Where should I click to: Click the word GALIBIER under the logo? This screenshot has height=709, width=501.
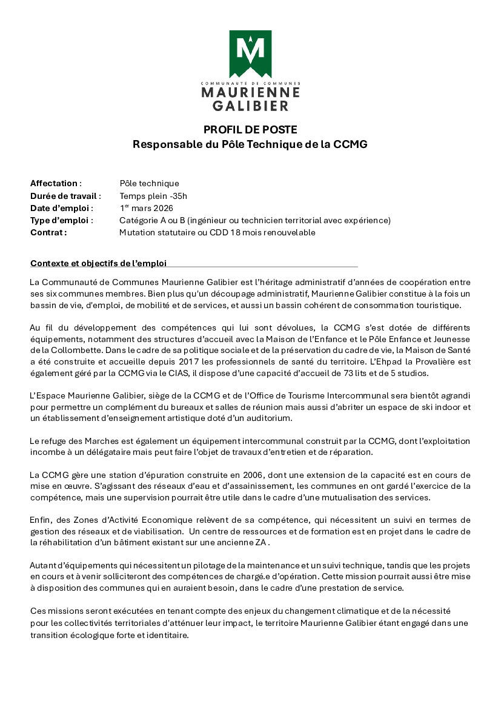tap(250, 106)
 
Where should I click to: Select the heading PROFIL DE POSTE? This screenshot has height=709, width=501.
tap(250, 129)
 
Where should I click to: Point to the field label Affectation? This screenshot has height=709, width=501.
tap(54, 183)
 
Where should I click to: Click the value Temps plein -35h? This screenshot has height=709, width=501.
tap(153, 196)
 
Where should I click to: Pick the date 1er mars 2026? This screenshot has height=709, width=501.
tap(146, 208)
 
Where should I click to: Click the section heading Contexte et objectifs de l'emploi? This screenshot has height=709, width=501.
tap(98, 263)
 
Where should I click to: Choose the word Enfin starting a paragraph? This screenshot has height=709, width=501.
tap(41, 520)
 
